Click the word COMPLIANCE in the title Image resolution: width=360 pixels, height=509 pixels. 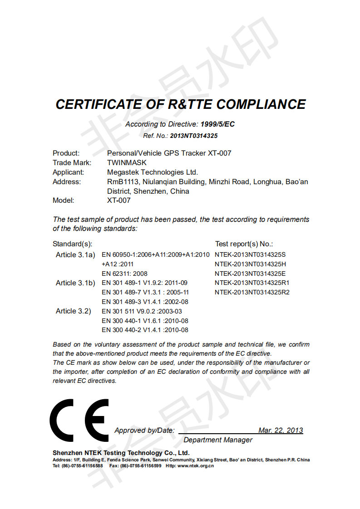coord(261,104)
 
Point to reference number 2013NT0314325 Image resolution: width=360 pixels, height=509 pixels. coord(194,136)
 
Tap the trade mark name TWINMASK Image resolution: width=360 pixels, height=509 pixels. coord(127,162)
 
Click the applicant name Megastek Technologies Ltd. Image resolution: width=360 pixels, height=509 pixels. coord(153,172)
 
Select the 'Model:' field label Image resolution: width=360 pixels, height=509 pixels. coord(63,200)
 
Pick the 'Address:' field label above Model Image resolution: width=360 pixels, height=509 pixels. coord(67,181)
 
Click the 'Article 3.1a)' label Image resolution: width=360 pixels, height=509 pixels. coord(75,254)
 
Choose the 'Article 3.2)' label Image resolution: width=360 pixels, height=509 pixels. coord(74,311)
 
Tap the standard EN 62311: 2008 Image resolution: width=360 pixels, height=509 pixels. coord(124,274)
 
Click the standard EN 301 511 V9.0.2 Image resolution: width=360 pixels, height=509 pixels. coord(142,311)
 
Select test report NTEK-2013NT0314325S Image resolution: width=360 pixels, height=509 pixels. coord(250,254)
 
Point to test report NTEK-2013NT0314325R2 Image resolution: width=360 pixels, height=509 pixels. coord(252,292)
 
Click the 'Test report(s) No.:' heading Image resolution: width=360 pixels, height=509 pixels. coord(244,244)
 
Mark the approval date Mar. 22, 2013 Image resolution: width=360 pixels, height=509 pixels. coord(280,431)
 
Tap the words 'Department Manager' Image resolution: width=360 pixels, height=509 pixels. coord(218,440)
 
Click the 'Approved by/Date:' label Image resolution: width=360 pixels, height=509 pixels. coord(144,431)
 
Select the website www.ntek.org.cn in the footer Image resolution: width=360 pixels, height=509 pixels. coord(196,466)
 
